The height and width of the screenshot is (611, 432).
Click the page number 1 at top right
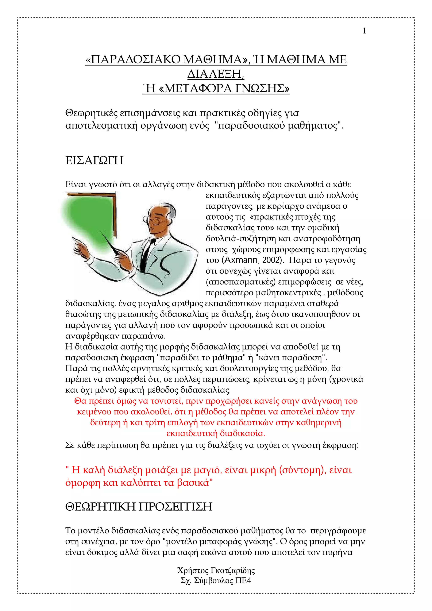point(364,31)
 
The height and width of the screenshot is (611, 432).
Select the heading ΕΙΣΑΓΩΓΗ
point(94,161)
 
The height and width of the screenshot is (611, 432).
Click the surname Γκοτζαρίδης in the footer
point(233,570)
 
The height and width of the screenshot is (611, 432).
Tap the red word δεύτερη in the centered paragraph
point(105,423)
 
